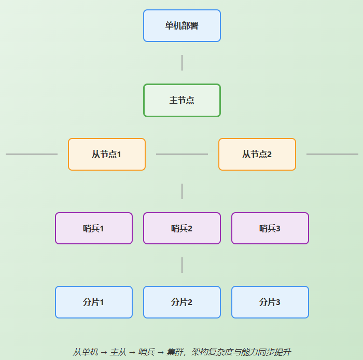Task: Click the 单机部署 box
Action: click(181, 25)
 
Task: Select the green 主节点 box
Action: click(181, 100)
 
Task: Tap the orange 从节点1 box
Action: click(106, 154)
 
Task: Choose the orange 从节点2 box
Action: click(257, 154)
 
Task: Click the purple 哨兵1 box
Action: click(93, 228)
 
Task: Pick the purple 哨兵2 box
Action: click(181, 228)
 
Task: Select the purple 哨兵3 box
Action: click(270, 228)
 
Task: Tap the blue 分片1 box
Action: click(93, 302)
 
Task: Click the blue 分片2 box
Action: click(181, 302)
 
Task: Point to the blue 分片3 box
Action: click(270, 302)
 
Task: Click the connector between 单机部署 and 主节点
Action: click(182, 63)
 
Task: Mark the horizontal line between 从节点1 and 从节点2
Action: click(181, 154)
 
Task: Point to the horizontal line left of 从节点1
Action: click(31, 154)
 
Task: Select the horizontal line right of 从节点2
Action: click(332, 154)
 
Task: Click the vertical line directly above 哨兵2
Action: click(182, 191)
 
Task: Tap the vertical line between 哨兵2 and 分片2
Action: click(182, 265)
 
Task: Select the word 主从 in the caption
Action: click(118, 352)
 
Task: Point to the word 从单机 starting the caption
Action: click(85, 352)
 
